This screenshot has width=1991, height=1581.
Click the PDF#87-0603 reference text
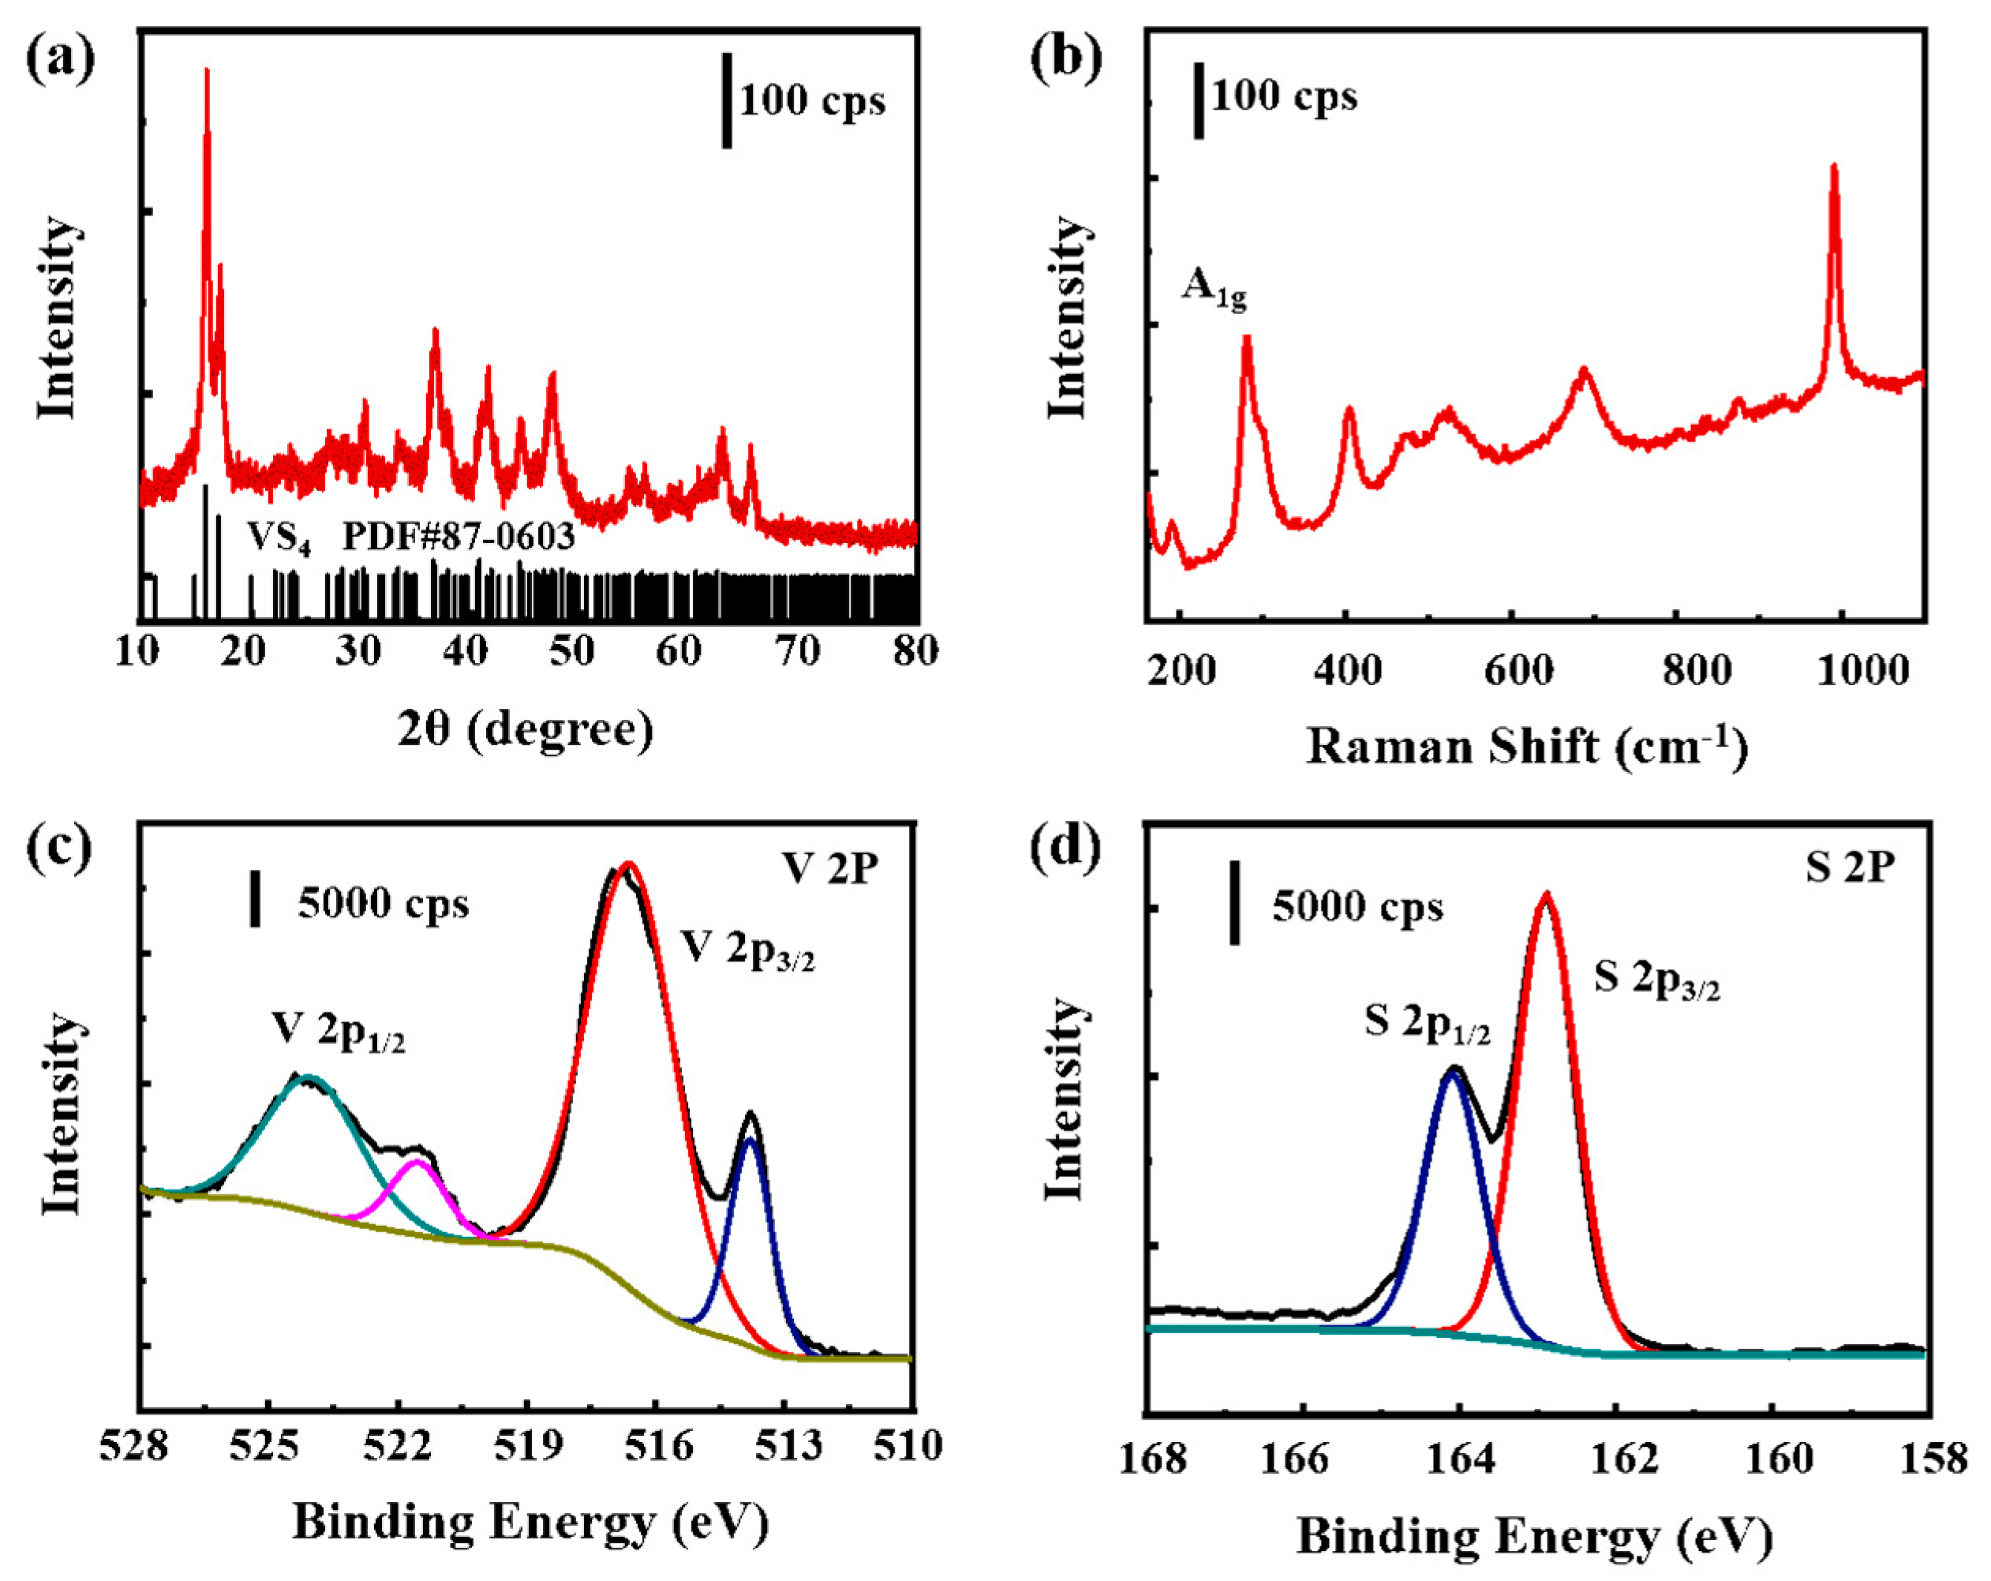459,536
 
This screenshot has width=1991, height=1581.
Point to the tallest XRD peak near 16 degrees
206,72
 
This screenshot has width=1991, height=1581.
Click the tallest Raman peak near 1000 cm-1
1834,168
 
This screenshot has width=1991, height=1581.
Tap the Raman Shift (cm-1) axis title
1526,746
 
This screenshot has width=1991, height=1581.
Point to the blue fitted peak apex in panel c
750,1141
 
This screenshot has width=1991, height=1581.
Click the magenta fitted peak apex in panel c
417,1162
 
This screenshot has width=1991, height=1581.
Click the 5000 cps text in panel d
1357,907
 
